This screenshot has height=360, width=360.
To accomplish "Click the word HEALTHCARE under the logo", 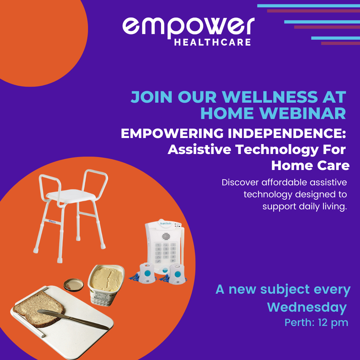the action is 212,42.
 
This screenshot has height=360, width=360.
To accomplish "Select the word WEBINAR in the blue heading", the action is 302,113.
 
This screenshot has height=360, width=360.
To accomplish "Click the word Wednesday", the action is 307,307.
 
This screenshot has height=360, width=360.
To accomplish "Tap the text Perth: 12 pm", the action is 316,323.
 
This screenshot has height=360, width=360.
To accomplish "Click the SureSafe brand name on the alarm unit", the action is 166,223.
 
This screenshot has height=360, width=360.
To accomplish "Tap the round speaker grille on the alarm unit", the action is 166,236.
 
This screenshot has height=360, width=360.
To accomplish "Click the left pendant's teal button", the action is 147,273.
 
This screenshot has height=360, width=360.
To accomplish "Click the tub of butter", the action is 106,284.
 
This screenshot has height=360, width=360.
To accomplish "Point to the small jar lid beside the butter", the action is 73,285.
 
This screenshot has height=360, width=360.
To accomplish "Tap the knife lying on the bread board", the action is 73,319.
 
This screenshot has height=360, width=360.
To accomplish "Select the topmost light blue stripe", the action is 309,6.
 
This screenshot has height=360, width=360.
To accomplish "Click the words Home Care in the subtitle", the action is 310,166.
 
